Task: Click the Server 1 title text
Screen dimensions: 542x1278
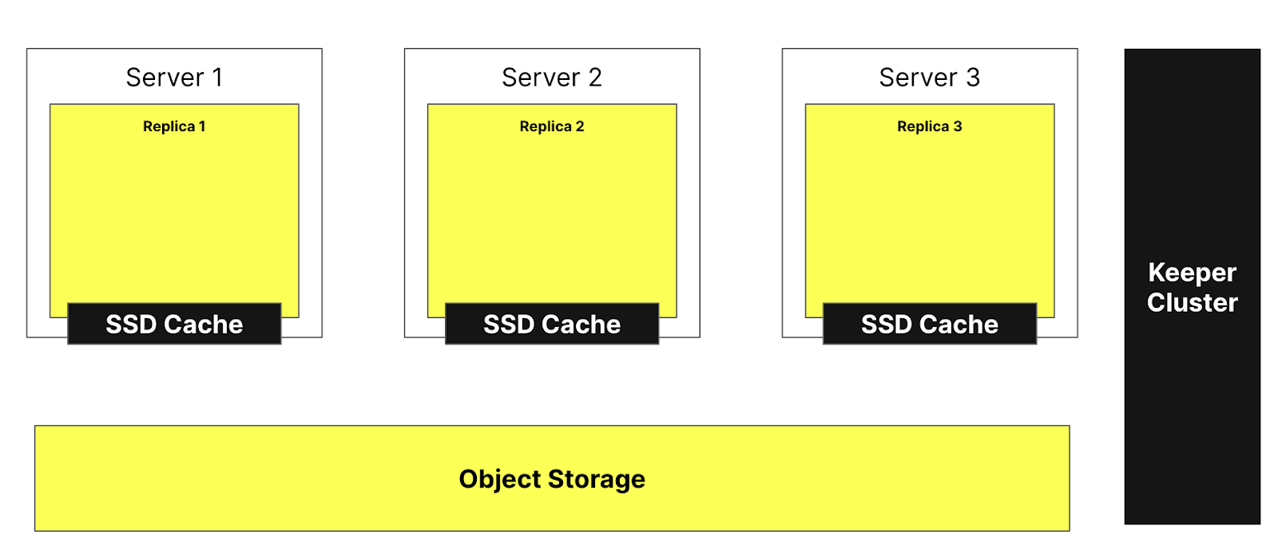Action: tap(174, 78)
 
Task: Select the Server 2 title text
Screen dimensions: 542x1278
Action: tap(551, 78)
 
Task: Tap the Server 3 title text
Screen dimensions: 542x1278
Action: tap(929, 78)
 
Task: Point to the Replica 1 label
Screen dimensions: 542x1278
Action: tap(174, 126)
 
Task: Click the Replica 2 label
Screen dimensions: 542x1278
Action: tap(551, 126)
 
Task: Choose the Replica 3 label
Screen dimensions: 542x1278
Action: tap(929, 126)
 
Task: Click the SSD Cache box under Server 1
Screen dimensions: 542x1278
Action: tap(174, 324)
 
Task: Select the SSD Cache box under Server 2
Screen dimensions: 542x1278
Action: tap(551, 324)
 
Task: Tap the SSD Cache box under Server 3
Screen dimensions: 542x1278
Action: tap(929, 324)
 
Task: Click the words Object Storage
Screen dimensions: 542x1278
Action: tap(551, 479)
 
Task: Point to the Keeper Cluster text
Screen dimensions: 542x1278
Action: tap(1192, 287)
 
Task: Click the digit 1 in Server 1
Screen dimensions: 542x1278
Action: tap(217, 78)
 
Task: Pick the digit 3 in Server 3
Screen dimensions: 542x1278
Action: tap(972, 78)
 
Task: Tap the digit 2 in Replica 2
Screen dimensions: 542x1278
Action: tap(580, 126)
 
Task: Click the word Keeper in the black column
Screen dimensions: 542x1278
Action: tap(1192, 273)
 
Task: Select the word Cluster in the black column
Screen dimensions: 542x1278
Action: tap(1192, 303)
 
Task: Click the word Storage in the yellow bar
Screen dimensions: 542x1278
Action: tap(597, 479)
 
